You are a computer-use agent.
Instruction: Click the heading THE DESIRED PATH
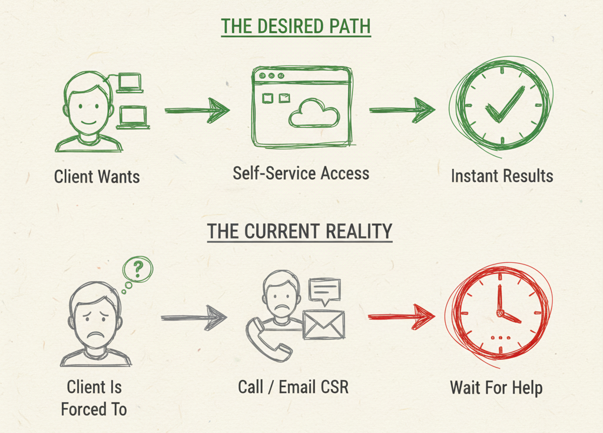(296, 27)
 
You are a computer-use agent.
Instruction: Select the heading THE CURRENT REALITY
(299, 232)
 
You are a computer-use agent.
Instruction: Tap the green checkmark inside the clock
(503, 105)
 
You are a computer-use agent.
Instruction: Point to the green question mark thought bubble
(138, 270)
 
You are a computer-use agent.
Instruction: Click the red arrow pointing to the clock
(402, 316)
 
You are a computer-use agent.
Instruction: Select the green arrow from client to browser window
(197, 110)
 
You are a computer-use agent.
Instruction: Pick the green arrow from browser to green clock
(402, 110)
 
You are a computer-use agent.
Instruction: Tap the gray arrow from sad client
(194, 318)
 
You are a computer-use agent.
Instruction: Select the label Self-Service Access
(301, 173)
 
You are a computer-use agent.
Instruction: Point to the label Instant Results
(502, 176)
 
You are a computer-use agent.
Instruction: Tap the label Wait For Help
(496, 388)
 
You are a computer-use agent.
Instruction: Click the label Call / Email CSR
(293, 387)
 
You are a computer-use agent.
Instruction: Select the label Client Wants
(97, 176)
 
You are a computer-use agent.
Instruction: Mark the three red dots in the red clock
(501, 338)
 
